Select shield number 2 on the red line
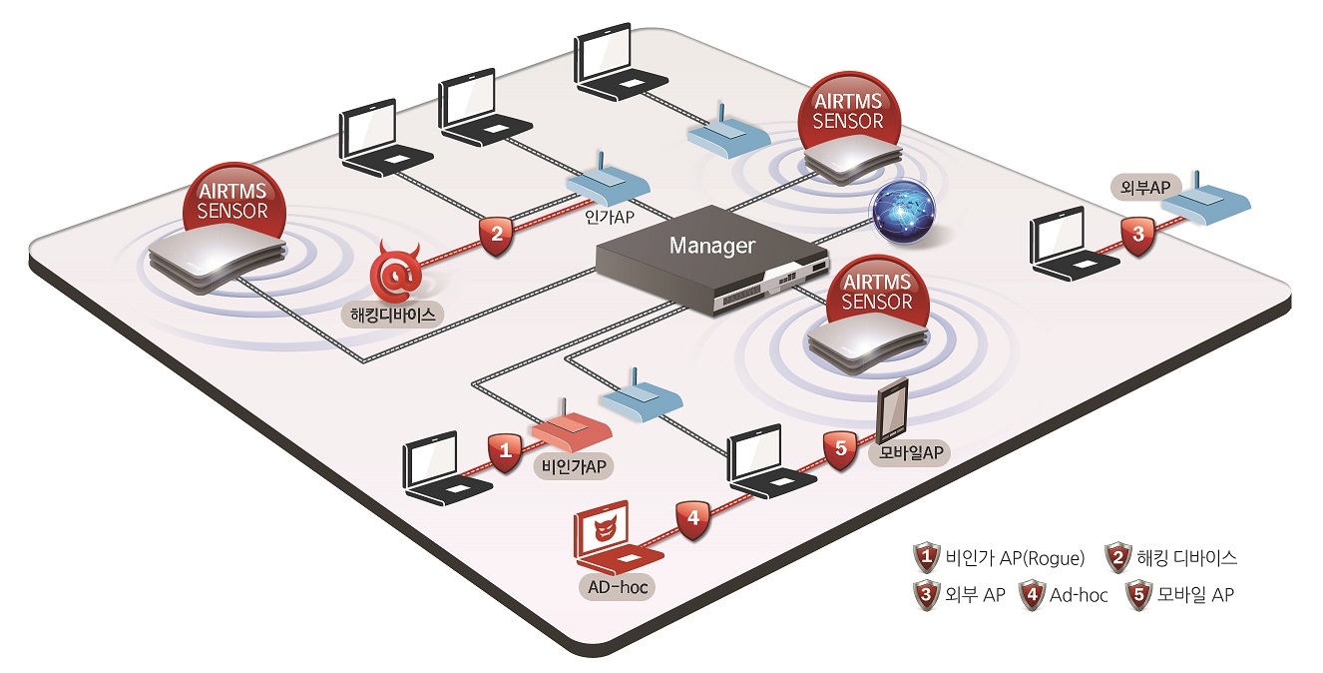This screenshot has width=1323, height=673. point(495,236)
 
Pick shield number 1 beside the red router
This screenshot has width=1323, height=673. point(505,451)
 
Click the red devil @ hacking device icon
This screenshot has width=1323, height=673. point(394,273)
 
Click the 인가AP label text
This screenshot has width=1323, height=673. point(611,215)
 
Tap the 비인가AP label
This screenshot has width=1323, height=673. point(573,465)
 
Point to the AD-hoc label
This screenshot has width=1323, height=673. point(618,587)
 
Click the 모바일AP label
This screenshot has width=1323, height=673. point(910,452)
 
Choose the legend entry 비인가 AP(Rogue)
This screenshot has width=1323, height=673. point(1006,557)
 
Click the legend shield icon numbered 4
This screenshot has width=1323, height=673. point(1031,595)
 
